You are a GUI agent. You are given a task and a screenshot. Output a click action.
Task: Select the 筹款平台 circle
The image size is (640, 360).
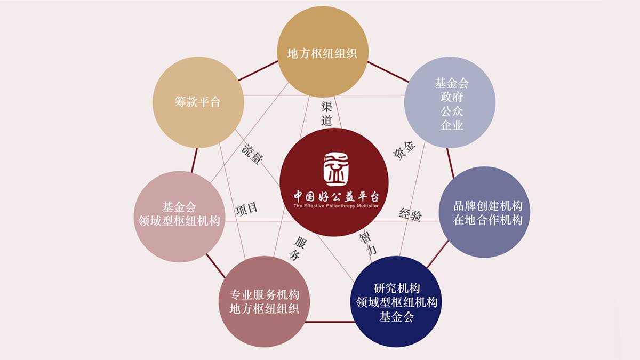pyautogui.click(x=198, y=102)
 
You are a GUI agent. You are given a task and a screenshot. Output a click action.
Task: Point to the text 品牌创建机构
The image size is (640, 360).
pyautogui.click(x=487, y=206)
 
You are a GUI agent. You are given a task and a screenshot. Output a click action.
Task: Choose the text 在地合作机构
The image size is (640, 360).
pyautogui.click(x=487, y=220)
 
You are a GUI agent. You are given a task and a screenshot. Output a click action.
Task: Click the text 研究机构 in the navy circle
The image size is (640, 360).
pyautogui.click(x=397, y=289)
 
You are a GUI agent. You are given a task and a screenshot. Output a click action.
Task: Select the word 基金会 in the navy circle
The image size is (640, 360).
pyautogui.click(x=397, y=317)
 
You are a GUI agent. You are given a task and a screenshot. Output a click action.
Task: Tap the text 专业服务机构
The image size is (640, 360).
pyautogui.click(x=264, y=295)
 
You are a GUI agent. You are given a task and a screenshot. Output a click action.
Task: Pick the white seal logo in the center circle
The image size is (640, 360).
pyautogui.click(x=335, y=170)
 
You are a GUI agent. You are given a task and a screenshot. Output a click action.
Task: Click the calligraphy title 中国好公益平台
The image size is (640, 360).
pyautogui.click(x=335, y=195)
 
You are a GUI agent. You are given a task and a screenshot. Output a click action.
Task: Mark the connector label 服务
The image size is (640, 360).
pyautogui.click(x=298, y=248)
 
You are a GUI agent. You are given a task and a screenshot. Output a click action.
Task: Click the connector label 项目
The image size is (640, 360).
pyautogui.click(x=247, y=208)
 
